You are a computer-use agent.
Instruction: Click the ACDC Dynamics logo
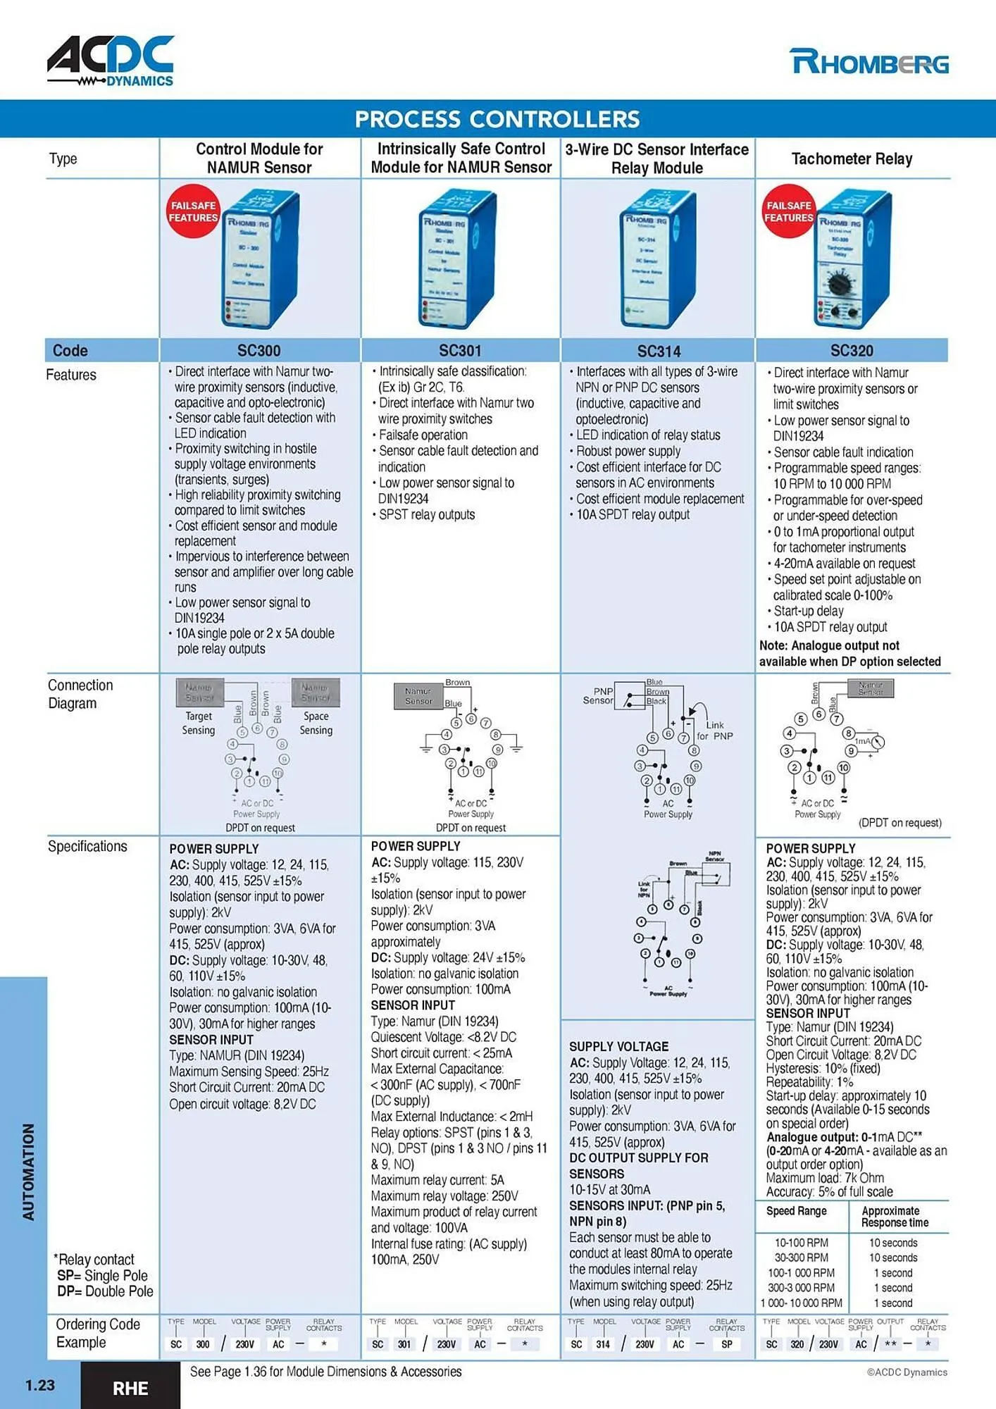pos(111,61)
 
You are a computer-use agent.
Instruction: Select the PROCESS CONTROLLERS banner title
pos(497,119)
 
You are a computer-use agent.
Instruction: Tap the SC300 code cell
pos(259,351)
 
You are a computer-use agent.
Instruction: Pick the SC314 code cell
pos(659,351)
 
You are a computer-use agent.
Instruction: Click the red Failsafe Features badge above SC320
pos(788,211)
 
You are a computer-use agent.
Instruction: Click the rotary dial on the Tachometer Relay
pos(840,285)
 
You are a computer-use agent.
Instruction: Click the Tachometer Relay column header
pos(852,159)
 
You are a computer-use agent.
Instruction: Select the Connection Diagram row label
pos(80,694)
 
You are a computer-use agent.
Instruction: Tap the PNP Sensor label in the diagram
pos(599,696)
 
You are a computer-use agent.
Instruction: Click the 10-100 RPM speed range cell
pos(802,1243)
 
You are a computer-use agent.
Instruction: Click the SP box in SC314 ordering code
pos(726,1344)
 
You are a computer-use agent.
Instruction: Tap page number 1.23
pos(40,1385)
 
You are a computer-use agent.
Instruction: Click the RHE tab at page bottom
pos(130,1388)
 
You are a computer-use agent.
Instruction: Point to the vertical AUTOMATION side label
pos(28,1172)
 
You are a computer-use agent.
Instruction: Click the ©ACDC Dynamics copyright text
pos(907,1372)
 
